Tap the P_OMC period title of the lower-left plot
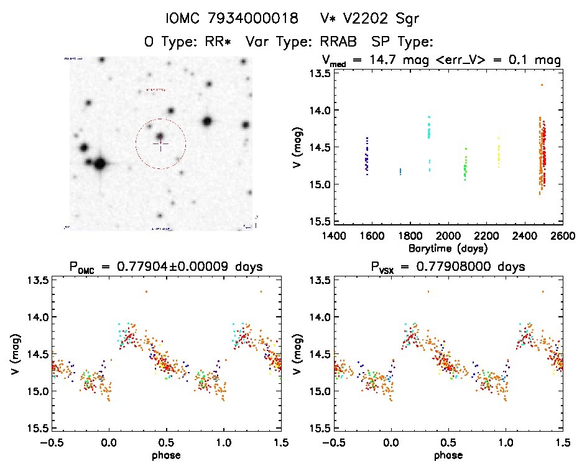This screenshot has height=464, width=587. click(167, 267)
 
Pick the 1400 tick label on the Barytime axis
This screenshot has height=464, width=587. click(335, 236)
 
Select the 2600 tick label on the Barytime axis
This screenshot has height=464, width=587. click(562, 236)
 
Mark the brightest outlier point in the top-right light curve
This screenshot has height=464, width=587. click(542, 84)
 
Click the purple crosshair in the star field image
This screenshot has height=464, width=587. click(160, 144)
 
